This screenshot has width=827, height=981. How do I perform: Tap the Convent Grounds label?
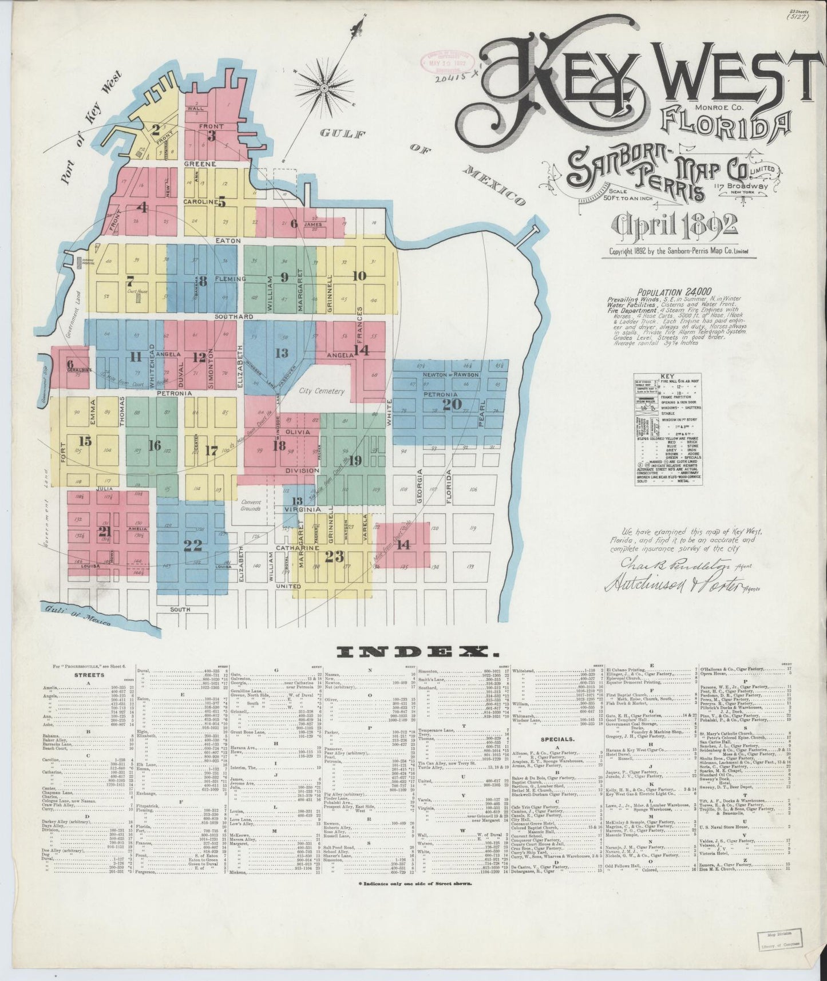click(251, 505)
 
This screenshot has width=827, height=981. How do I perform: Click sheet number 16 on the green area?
click(155, 445)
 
